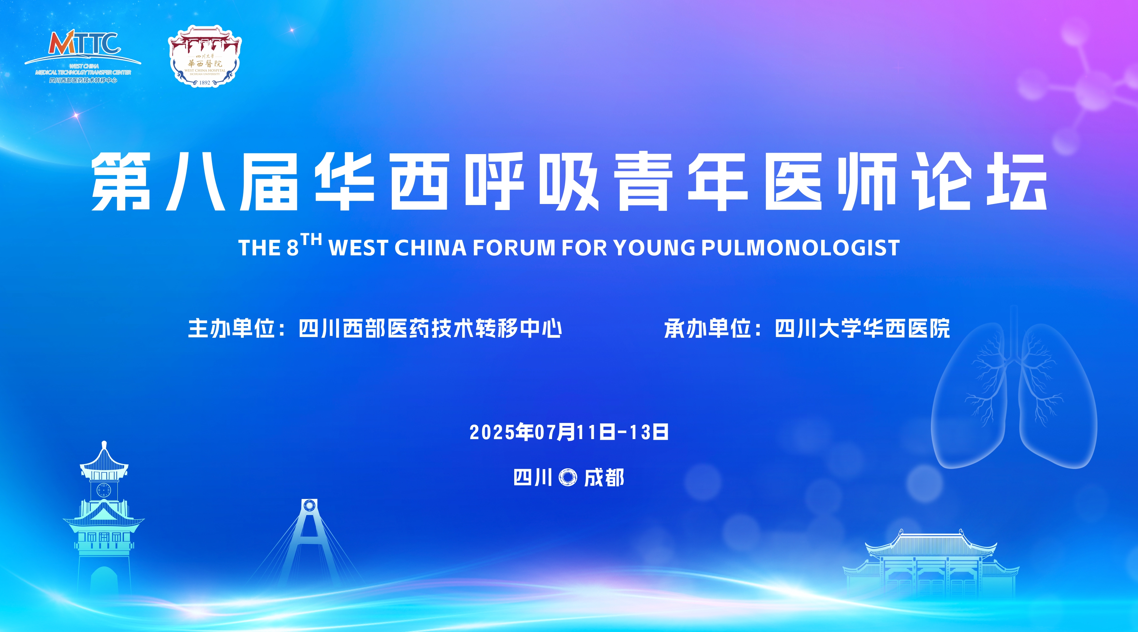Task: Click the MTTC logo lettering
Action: pos(84,43)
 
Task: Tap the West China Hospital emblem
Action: pos(204,56)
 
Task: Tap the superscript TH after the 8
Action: pos(312,240)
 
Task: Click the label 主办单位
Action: pos(232,328)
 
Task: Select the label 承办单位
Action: pos(708,328)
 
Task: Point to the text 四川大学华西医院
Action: pos(863,328)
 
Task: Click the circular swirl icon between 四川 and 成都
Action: pos(568,478)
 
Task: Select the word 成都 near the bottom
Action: pos(604,478)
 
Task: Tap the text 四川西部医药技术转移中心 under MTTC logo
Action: pos(84,80)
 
